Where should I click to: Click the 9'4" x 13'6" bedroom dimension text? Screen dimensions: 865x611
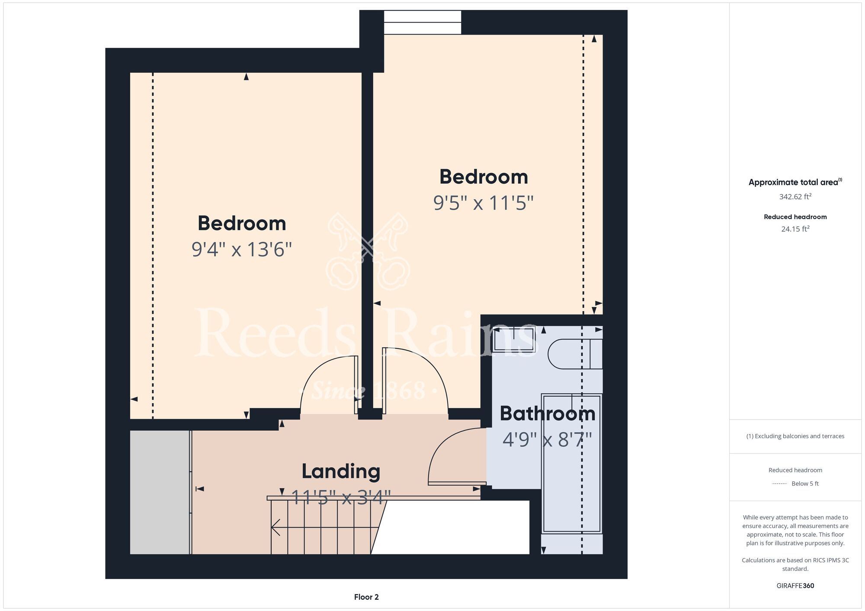pos(242,249)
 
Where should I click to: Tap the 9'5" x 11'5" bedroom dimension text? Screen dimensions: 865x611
pos(484,203)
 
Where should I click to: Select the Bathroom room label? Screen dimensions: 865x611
pos(548,414)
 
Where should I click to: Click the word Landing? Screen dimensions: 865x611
pos(341,471)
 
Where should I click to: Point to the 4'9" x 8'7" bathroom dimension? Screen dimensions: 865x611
pos(547,440)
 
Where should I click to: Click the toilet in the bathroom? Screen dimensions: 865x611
pos(575,354)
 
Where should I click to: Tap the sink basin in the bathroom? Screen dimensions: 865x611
pos(514,339)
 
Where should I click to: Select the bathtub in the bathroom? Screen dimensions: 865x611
pos(572,464)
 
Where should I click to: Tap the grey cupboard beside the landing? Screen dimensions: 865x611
pos(160,492)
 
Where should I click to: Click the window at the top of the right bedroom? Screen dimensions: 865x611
pos(423,22)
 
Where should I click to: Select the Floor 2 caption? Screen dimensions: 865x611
pos(366,597)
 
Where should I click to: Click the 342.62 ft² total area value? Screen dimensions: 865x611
pos(795,197)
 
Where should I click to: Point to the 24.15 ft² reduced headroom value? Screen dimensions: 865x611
pos(795,229)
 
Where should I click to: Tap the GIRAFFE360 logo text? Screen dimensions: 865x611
pos(795,586)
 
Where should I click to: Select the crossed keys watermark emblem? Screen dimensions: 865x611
pos(368,251)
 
